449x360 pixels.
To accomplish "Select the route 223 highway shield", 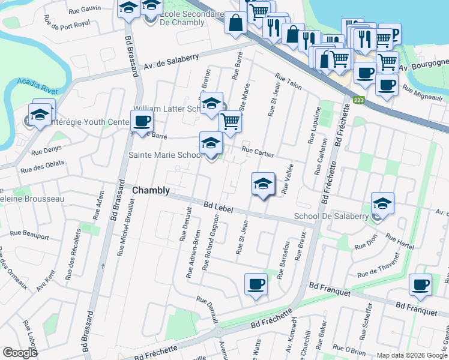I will pos(358,100).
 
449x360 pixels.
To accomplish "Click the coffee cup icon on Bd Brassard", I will pos(142,122).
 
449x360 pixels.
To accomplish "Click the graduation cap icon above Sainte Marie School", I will pos(211,143).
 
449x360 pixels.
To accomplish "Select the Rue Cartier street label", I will pos(258,152).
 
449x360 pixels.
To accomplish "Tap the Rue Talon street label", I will pos(288,81).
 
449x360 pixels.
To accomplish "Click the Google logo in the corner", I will pos(20,353).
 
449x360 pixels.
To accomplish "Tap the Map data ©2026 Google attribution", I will pos(412,355).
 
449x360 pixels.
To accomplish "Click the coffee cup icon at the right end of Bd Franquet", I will pos(420,285).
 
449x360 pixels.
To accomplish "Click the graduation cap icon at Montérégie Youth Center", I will pos(40,115).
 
